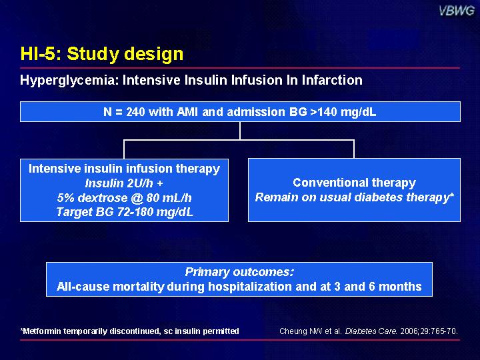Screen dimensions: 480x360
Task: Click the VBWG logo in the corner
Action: [x=457, y=11]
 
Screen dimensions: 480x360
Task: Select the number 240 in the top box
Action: [x=135, y=112]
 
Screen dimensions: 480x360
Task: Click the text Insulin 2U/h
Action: [x=119, y=183]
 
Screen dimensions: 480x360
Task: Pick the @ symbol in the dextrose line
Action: [x=136, y=198]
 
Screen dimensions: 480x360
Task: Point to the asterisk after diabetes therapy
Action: [x=451, y=195]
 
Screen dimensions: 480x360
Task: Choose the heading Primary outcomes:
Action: [x=239, y=272]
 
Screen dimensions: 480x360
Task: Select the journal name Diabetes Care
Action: [x=371, y=331]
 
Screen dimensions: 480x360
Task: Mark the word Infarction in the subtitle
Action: [x=332, y=80]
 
